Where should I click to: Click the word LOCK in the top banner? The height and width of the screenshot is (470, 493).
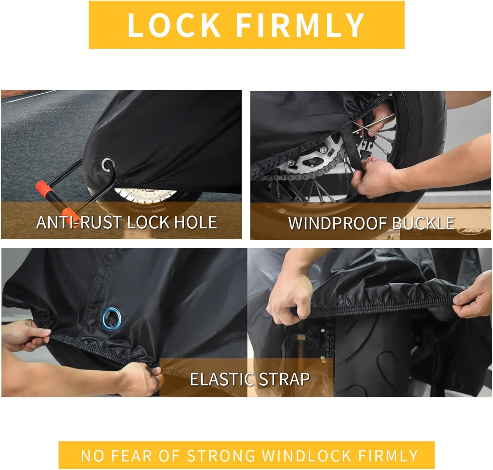pyautogui.click(x=174, y=25)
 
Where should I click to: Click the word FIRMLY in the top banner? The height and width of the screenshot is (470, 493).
pyautogui.click(x=300, y=25)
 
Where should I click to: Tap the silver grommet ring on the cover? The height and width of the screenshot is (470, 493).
pyautogui.click(x=108, y=165)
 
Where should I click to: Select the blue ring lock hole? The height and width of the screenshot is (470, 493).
pyautogui.click(x=112, y=319)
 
